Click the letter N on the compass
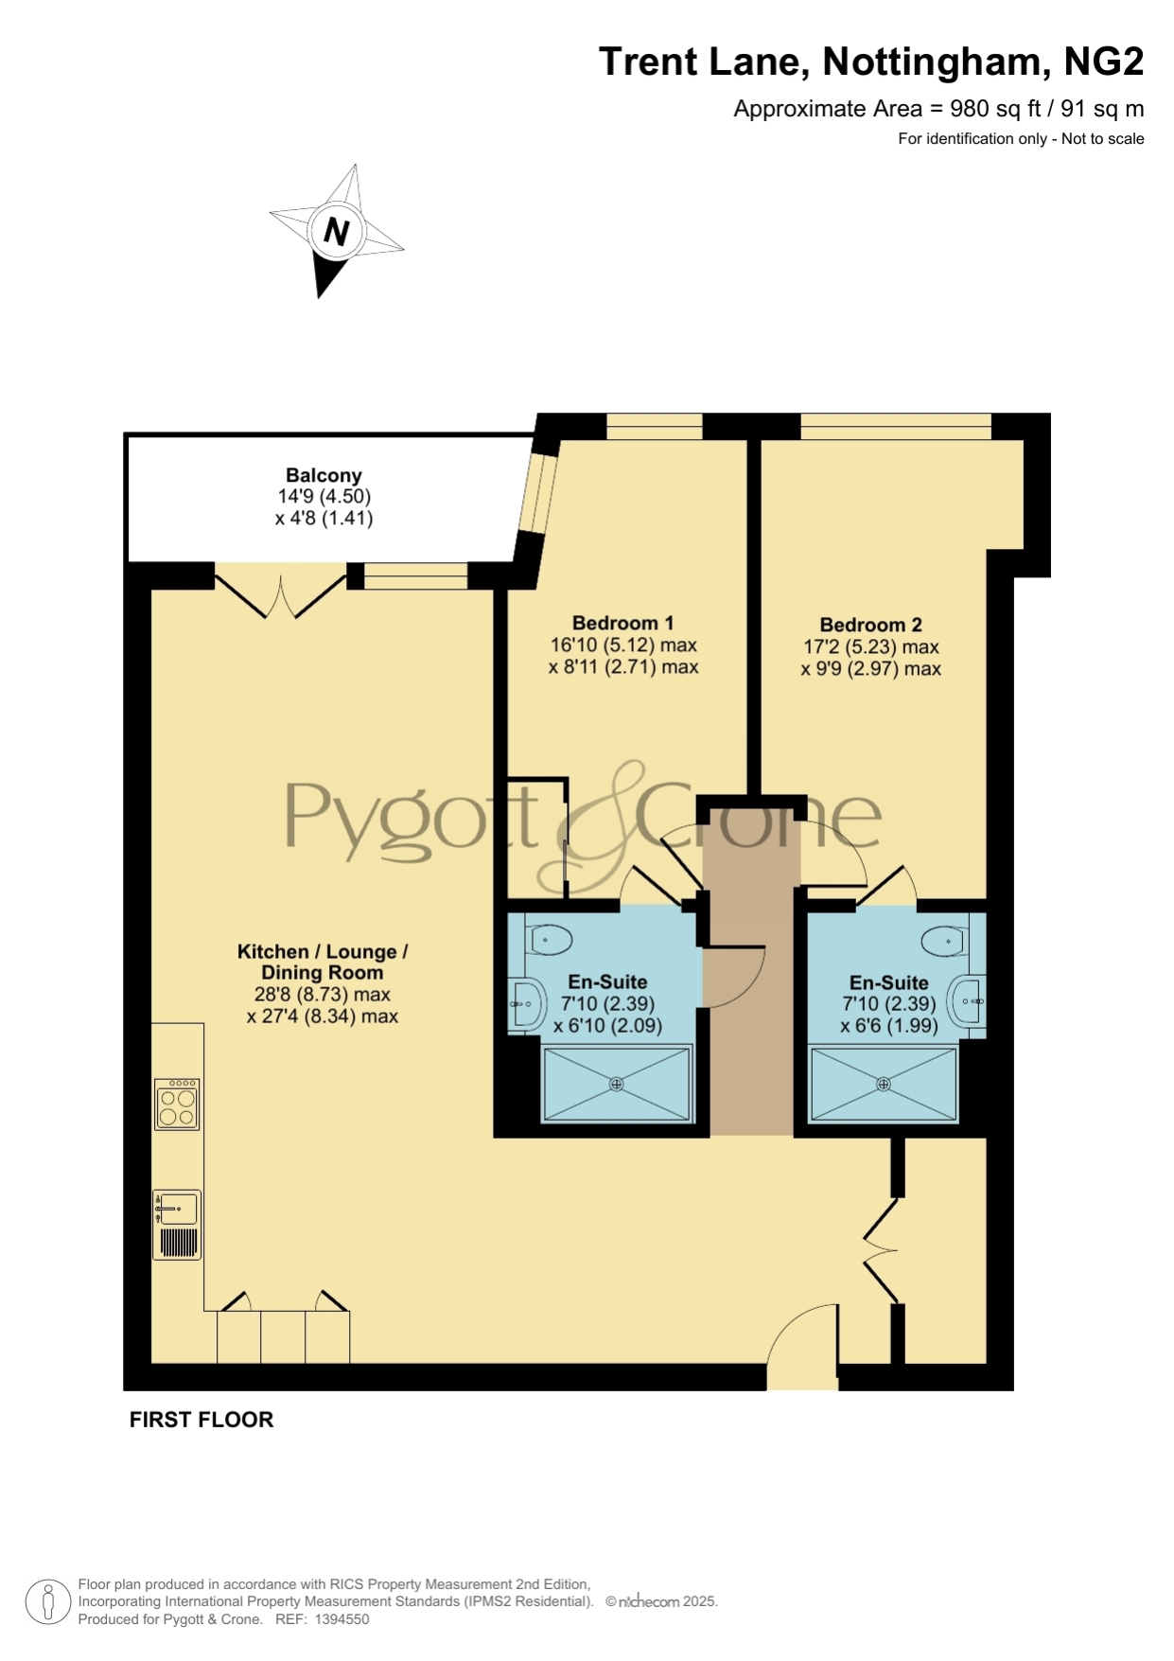point(337,231)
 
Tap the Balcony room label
point(324,475)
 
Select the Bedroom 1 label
point(622,623)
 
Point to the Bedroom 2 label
point(870,625)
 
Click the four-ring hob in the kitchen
point(177,1104)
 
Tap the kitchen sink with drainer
point(177,1225)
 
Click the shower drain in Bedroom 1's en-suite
point(616,1085)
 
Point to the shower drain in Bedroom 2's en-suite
point(884,1085)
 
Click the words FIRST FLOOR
point(202,1420)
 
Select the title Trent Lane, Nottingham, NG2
point(871,62)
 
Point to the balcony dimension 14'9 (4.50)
point(324,496)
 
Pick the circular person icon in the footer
point(47,1602)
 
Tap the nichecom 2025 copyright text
point(661,1601)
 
